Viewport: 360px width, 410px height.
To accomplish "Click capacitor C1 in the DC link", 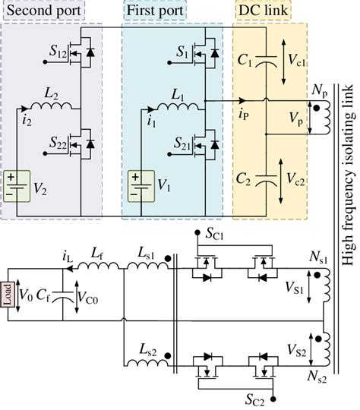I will pyautogui.click(x=261, y=65).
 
